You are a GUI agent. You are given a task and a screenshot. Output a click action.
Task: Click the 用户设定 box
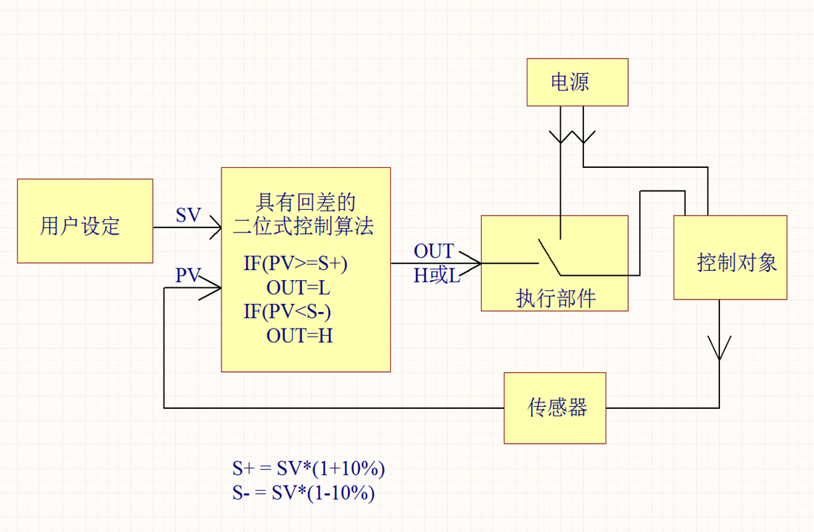click(x=85, y=221)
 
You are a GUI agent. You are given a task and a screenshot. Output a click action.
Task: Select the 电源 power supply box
click(x=577, y=82)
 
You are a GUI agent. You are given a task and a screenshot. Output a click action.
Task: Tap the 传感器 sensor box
click(x=555, y=408)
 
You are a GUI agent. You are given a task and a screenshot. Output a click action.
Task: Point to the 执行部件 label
click(x=555, y=298)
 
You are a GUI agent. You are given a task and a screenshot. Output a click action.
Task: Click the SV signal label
click(x=188, y=216)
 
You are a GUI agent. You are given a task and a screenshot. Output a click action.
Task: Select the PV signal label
click(x=188, y=275)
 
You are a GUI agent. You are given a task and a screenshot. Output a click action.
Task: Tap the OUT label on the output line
click(x=433, y=251)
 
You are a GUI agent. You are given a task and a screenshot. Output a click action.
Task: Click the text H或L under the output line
click(x=436, y=276)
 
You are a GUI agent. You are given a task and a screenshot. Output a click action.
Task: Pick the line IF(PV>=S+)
click(x=295, y=263)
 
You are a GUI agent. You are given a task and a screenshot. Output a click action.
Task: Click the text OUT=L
click(x=298, y=287)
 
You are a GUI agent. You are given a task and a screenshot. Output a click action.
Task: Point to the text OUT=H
click(x=299, y=335)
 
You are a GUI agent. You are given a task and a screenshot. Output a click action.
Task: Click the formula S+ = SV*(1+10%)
click(x=308, y=468)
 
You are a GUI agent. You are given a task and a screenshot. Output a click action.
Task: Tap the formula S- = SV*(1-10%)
click(x=303, y=493)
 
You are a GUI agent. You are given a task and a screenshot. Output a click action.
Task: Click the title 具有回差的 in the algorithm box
click(x=305, y=201)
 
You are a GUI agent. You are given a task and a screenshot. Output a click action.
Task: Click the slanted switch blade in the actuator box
click(x=549, y=258)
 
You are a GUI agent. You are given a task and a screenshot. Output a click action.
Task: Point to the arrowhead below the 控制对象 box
click(x=718, y=347)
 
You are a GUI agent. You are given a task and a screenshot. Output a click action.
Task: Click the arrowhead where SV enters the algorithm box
click(x=215, y=229)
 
